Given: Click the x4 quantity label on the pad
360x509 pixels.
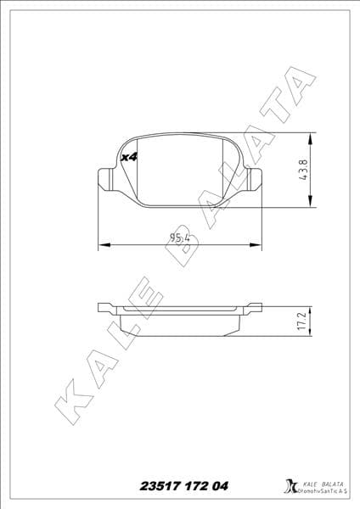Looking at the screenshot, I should (130, 157).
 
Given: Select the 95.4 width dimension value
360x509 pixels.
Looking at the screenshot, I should (179, 237).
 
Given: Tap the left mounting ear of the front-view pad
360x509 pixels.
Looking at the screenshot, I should (106, 179).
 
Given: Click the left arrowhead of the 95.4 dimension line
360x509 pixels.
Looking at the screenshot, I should (104, 246).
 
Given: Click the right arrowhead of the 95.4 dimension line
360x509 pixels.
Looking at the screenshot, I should (256, 246).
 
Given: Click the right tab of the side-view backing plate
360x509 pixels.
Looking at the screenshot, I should (253, 307).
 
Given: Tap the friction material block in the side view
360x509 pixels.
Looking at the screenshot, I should (179, 324).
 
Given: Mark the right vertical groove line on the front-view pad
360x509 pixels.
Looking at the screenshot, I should (222, 169).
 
